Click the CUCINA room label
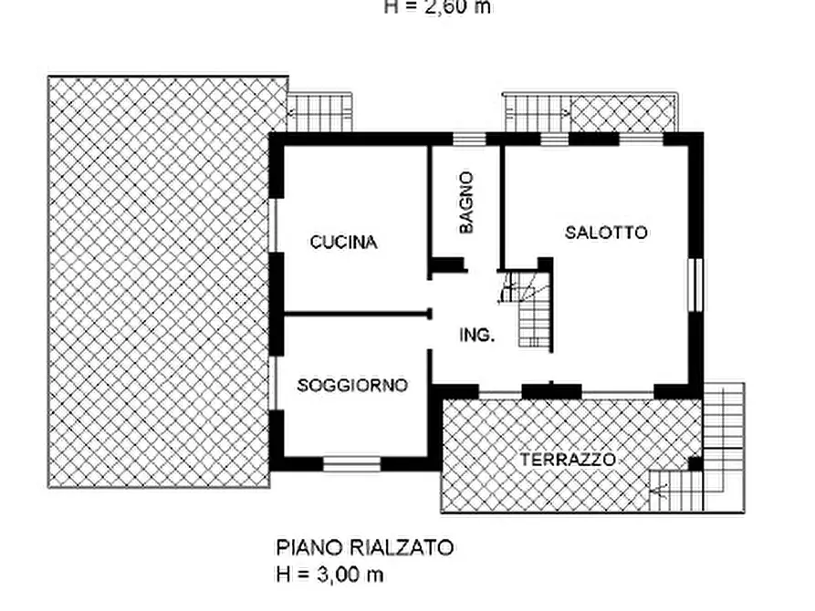click(x=343, y=243)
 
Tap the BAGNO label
click(x=466, y=202)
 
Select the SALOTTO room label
click(x=606, y=233)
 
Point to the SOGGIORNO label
click(x=352, y=386)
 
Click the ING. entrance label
click(x=476, y=335)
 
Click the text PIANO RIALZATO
click(x=365, y=548)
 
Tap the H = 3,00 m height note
click(x=329, y=575)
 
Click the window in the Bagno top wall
click(x=469, y=139)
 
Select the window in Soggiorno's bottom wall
click(x=351, y=464)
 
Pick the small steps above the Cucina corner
click(x=319, y=114)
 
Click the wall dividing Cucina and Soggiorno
click(x=356, y=315)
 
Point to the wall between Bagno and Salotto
click(x=501, y=205)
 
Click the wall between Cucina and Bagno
click(x=429, y=205)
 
